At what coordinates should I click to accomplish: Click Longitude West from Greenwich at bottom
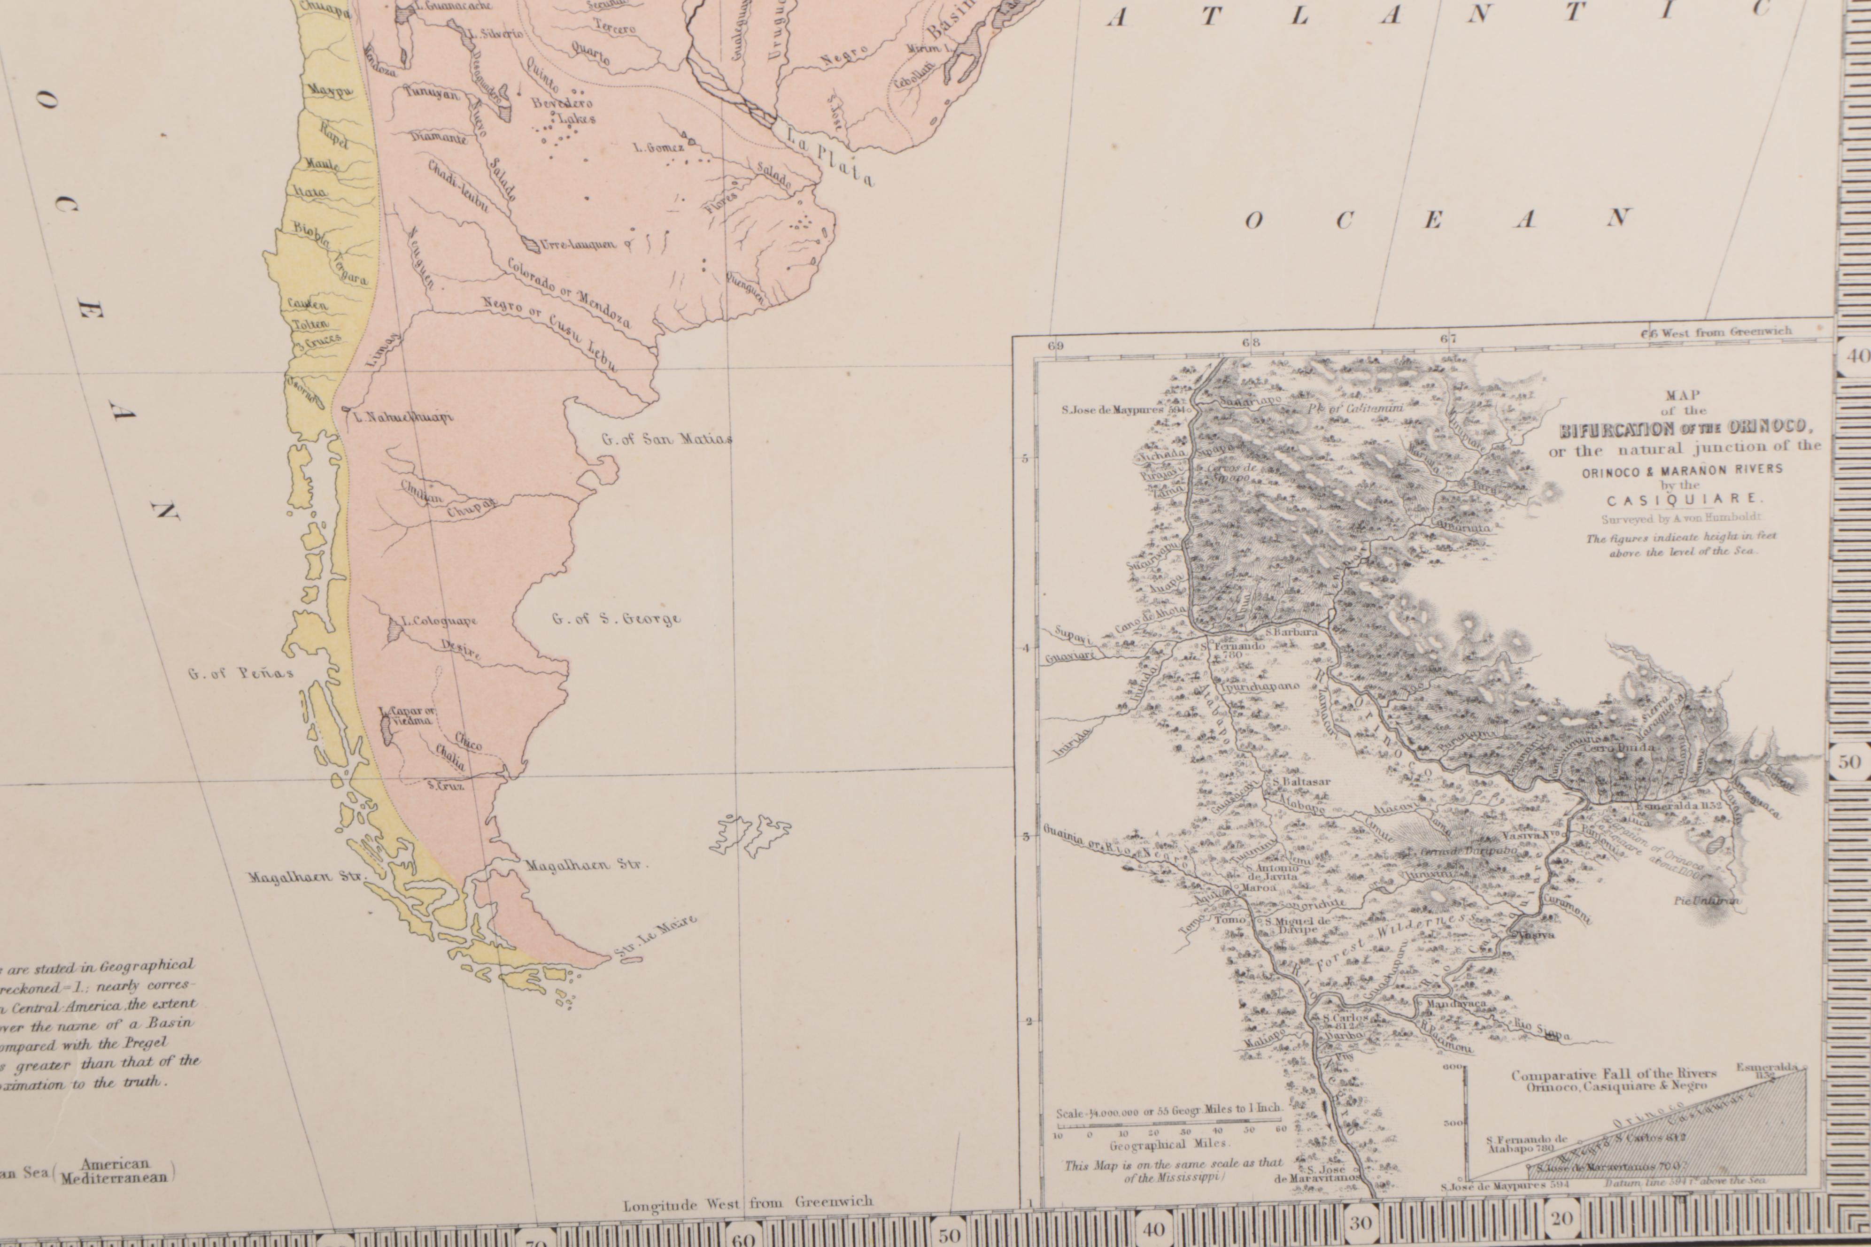pos(747,1203)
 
